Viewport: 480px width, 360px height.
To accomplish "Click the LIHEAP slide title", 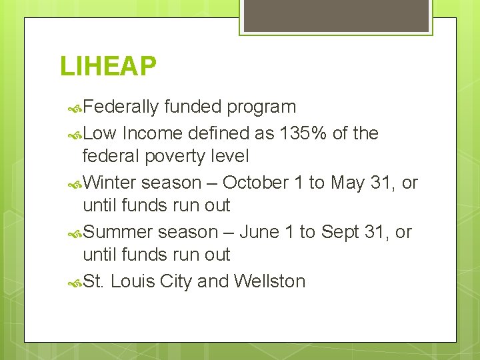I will tap(108, 66).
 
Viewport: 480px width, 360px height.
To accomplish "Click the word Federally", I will tap(121, 107).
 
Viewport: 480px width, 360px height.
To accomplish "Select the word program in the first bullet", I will tap(261, 107).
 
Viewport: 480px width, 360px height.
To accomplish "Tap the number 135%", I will tap(303, 133).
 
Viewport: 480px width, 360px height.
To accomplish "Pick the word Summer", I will tap(118, 232).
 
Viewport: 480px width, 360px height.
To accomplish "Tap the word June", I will tap(260, 232).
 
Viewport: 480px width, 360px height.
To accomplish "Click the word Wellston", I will tap(269, 281).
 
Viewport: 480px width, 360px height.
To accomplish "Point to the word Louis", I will tap(133, 281).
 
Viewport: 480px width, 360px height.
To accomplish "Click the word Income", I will tap(152, 133).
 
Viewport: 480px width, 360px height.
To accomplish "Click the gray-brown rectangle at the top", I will tap(335, 15).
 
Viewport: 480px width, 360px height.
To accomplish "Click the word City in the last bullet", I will tap(177, 281).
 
